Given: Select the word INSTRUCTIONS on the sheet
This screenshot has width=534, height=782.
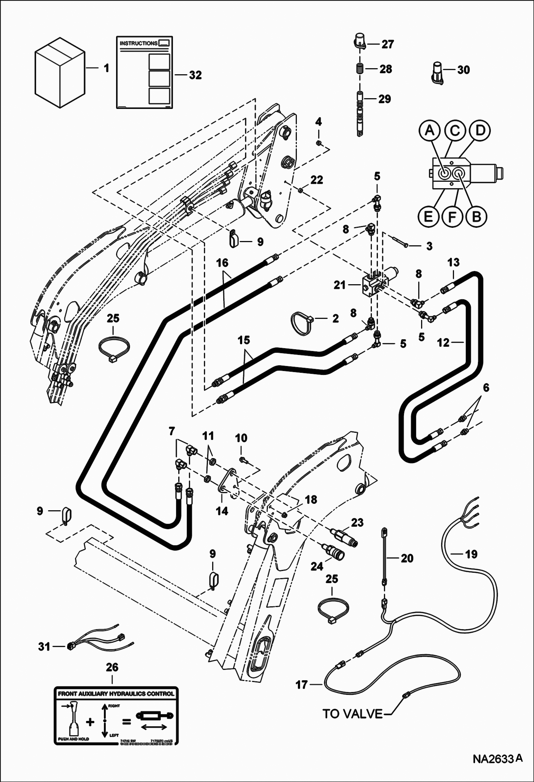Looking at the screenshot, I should (138, 43).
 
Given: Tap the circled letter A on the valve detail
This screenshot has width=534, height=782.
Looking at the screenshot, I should (430, 131).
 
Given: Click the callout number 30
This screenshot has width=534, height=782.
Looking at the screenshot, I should (463, 70).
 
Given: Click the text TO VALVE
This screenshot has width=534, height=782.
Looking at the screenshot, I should (352, 714).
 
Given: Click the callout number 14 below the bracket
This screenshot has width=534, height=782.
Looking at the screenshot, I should (222, 511).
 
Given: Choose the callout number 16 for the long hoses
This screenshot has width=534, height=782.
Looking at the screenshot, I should (222, 263).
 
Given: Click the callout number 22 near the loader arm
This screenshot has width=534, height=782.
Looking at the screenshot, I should (316, 180).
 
